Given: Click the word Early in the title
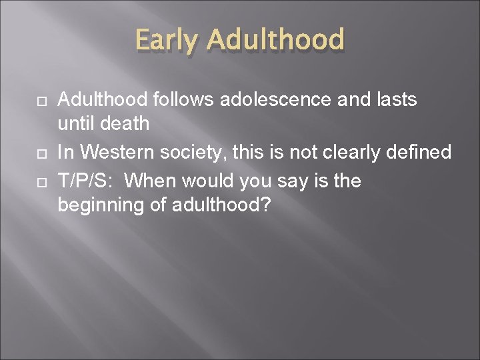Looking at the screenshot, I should click(x=167, y=39).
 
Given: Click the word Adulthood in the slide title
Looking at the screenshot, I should click(x=275, y=39).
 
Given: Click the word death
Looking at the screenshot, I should click(x=125, y=124).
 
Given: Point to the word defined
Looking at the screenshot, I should click(x=421, y=152).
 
